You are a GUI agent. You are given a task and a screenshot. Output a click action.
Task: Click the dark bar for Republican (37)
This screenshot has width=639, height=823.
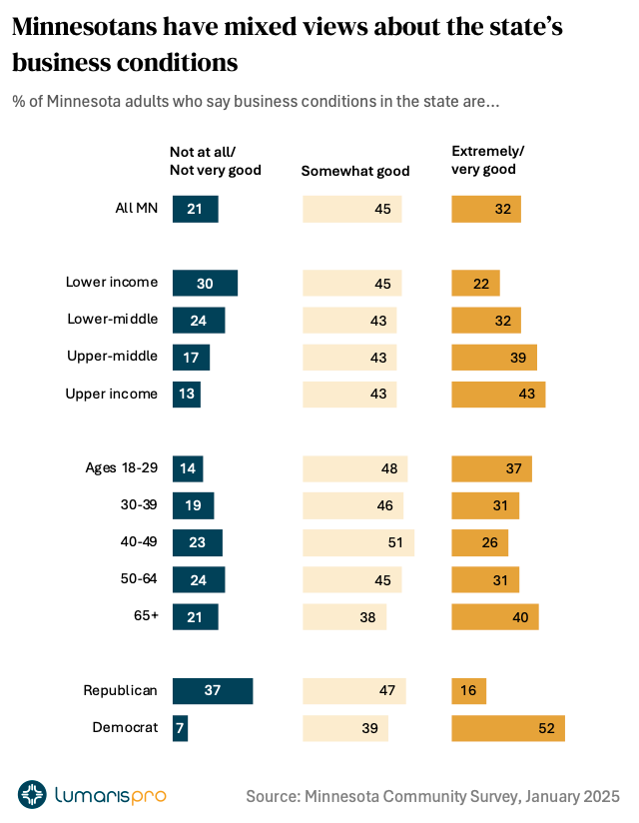pos(213,691)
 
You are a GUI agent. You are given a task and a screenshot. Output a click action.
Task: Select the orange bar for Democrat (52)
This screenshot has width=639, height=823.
pos(508,728)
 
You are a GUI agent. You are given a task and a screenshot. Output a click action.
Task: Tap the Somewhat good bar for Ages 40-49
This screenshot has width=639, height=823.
pos(358,542)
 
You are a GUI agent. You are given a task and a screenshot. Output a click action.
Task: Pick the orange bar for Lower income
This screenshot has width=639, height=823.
pos(475,284)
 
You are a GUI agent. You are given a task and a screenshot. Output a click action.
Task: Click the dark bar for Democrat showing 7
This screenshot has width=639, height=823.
pos(180,728)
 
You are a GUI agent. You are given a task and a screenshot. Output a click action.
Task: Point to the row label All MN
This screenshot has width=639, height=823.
pos(137,209)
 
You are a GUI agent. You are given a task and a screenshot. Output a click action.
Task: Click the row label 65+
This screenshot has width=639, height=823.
pos(145,616)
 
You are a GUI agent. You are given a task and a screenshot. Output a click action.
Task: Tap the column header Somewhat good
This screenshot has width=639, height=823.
pos(355,171)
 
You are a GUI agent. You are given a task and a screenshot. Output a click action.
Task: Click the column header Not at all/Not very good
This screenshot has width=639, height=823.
pos(215,160)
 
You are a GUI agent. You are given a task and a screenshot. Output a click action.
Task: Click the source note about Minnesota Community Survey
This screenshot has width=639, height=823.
pos(432,796)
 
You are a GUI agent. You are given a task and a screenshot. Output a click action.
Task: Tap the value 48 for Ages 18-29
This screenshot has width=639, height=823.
pos(388,468)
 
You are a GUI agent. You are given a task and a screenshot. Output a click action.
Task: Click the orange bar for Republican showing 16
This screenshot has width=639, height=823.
pos(469,691)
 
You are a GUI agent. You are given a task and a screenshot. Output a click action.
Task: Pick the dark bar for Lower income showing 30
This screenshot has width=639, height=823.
pos(205,284)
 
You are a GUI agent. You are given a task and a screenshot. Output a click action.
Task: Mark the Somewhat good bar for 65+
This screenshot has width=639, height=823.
pos(344,616)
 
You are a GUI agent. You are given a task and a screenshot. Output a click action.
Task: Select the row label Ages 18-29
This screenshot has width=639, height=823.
pos(122,468)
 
